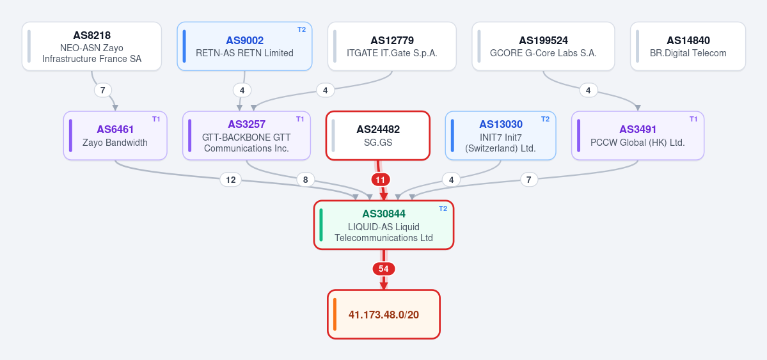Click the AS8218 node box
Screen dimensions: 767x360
[x=91, y=47]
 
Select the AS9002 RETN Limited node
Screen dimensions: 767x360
[x=244, y=47]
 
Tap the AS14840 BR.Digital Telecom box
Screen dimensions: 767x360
[x=688, y=47]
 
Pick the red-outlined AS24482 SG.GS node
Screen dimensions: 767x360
[x=378, y=136]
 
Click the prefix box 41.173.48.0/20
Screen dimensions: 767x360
[x=384, y=314]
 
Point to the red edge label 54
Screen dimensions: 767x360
[x=384, y=269]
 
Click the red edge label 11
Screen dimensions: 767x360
[x=380, y=180]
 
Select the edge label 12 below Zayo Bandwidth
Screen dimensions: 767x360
[x=230, y=180]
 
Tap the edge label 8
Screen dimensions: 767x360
[x=305, y=180]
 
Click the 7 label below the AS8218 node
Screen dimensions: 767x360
[x=103, y=91]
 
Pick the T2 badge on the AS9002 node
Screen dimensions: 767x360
[x=301, y=29]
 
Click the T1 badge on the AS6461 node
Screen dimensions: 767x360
[x=156, y=119]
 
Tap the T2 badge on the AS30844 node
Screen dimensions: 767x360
[x=443, y=208]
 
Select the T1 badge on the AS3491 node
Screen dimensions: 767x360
[x=693, y=119]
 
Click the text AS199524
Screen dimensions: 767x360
[x=544, y=40]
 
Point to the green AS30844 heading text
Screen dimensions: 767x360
[x=384, y=214]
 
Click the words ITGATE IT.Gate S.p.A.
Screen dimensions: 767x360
[x=391, y=53]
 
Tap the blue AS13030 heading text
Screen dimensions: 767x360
[x=501, y=124]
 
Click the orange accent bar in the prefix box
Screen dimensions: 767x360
[x=335, y=314]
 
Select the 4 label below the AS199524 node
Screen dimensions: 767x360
[x=589, y=91]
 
